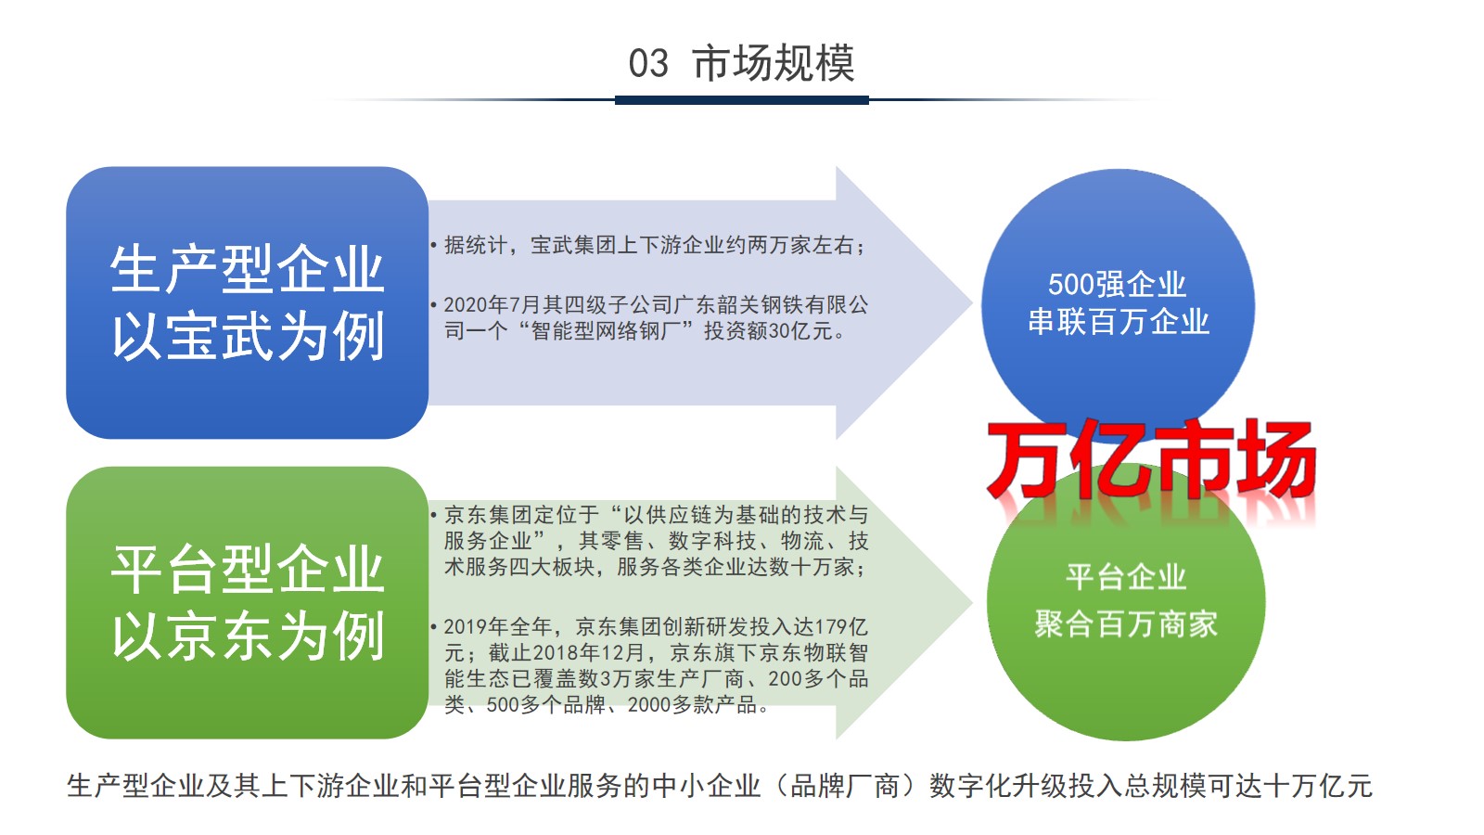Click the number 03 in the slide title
point(648,64)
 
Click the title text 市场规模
point(774,63)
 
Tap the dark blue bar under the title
point(741,100)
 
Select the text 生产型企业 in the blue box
point(247,269)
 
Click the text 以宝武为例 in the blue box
point(247,337)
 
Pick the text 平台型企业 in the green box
point(247,570)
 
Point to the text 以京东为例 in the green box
point(247,636)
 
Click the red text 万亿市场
point(1151,458)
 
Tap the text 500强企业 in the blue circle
point(1117,284)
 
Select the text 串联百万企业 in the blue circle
point(1119,322)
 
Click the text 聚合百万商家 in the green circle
point(1126,623)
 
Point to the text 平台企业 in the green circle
point(1126,577)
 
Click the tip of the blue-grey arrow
point(971,303)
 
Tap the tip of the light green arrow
point(971,602)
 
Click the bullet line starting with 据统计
point(648,245)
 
